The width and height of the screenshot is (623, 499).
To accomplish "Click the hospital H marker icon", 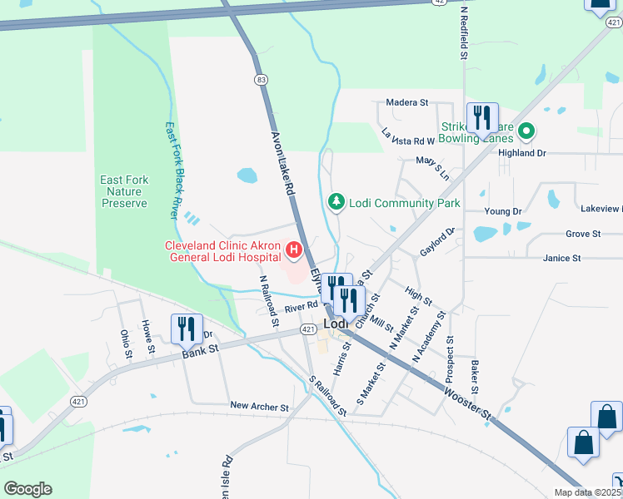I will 293,249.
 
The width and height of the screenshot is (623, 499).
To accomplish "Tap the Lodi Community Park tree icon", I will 336,203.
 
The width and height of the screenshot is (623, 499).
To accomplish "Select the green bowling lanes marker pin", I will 526,131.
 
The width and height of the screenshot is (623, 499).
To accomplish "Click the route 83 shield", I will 262,79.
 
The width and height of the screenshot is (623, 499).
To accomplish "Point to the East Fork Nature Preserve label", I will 124,191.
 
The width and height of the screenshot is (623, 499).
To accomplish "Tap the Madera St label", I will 406,102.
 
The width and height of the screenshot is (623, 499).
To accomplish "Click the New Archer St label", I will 259,407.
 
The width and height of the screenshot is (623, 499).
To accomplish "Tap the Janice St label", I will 561,259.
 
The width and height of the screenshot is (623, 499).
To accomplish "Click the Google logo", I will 27,489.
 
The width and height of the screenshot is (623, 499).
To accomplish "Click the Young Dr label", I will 502,211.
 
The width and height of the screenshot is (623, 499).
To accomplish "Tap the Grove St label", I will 583,235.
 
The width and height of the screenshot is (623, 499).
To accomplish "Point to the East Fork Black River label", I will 172,170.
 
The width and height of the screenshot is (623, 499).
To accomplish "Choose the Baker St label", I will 473,378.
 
